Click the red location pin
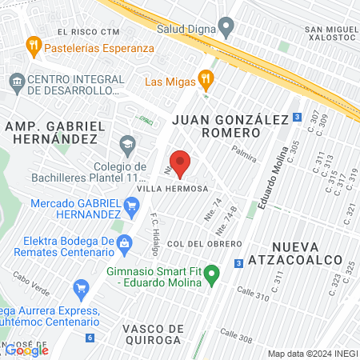(181, 162)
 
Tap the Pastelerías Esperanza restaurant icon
(33, 45)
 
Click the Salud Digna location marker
(226, 27)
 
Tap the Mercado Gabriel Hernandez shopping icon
(133, 209)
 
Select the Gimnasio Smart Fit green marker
(212, 277)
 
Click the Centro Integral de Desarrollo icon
(16, 82)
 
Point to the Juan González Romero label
(230, 126)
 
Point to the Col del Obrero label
(204, 243)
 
